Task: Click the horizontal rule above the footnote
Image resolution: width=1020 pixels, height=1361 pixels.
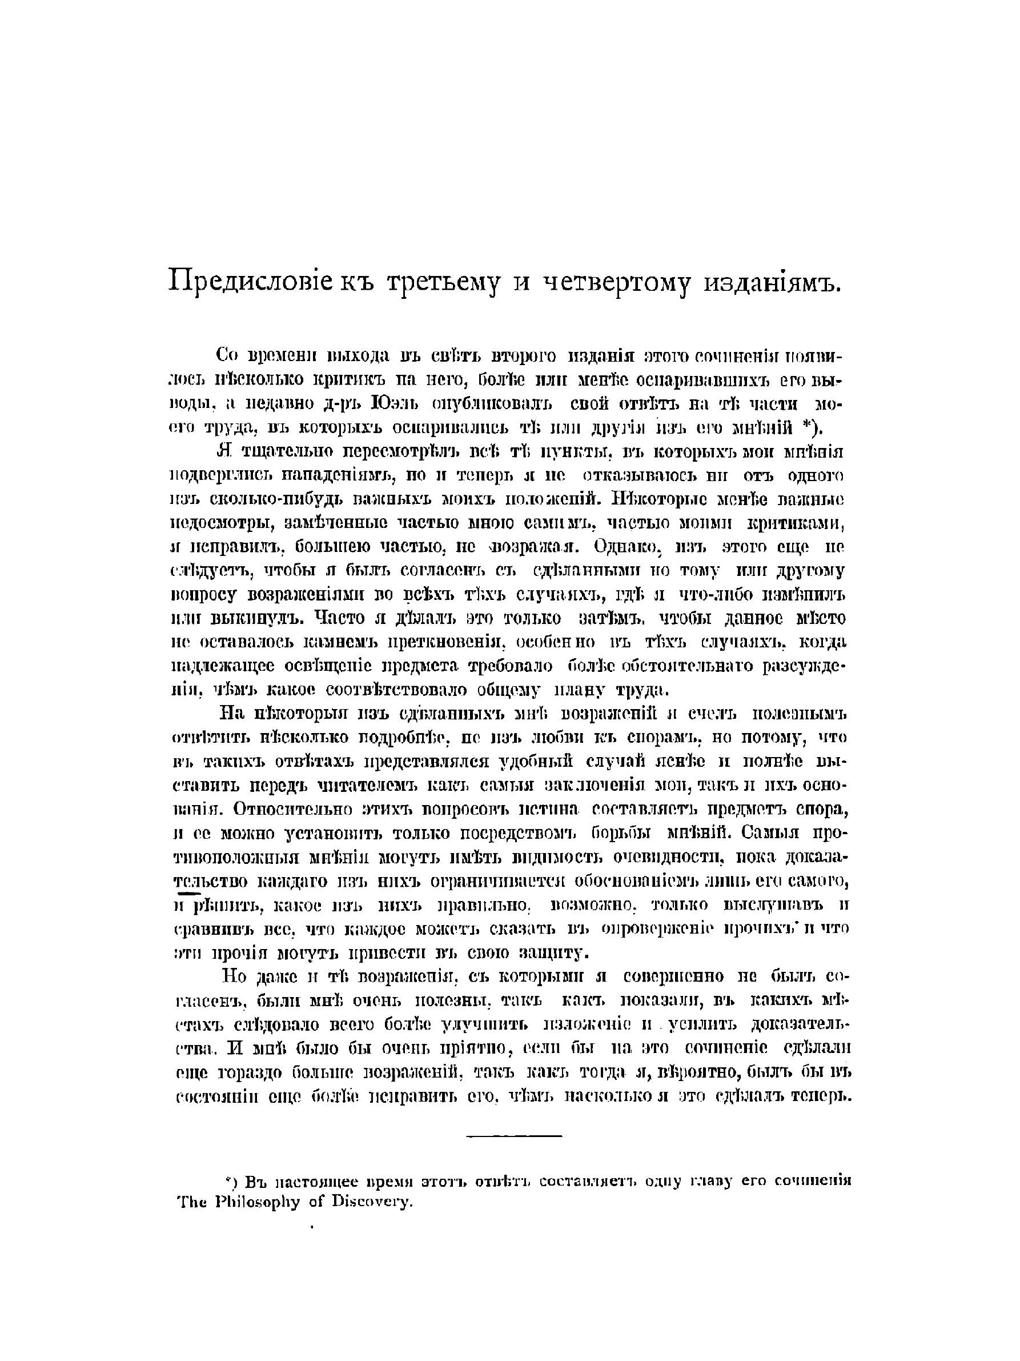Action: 514,1135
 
